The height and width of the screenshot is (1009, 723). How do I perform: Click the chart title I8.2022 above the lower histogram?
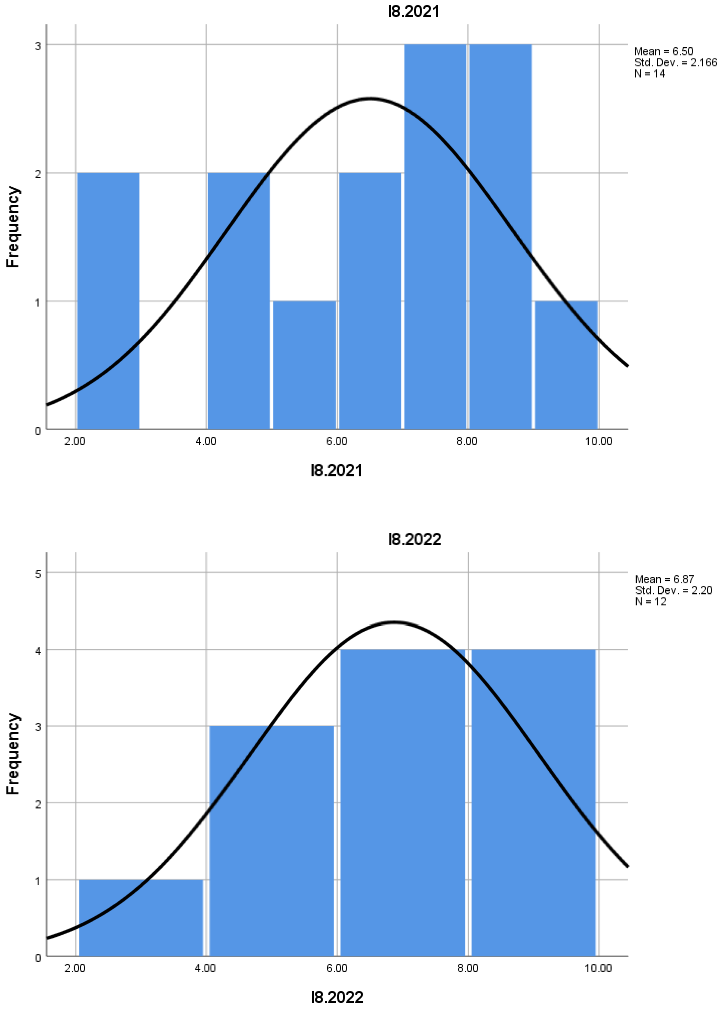pyautogui.click(x=414, y=539)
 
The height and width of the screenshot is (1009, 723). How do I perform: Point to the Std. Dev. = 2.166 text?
pyautogui.click(x=675, y=63)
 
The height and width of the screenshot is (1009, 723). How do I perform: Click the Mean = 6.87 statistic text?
pyautogui.click(x=664, y=579)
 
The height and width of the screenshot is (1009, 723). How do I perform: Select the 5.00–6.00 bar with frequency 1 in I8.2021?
pyautogui.click(x=304, y=365)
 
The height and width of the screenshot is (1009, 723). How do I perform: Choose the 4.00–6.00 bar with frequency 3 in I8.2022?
pyautogui.click(x=271, y=841)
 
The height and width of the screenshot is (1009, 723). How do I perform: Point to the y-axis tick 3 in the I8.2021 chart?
pyautogui.click(x=38, y=46)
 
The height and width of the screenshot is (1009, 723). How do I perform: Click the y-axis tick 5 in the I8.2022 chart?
pyautogui.click(x=38, y=574)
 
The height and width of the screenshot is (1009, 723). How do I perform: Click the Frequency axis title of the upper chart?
pyautogui.click(x=13, y=227)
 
